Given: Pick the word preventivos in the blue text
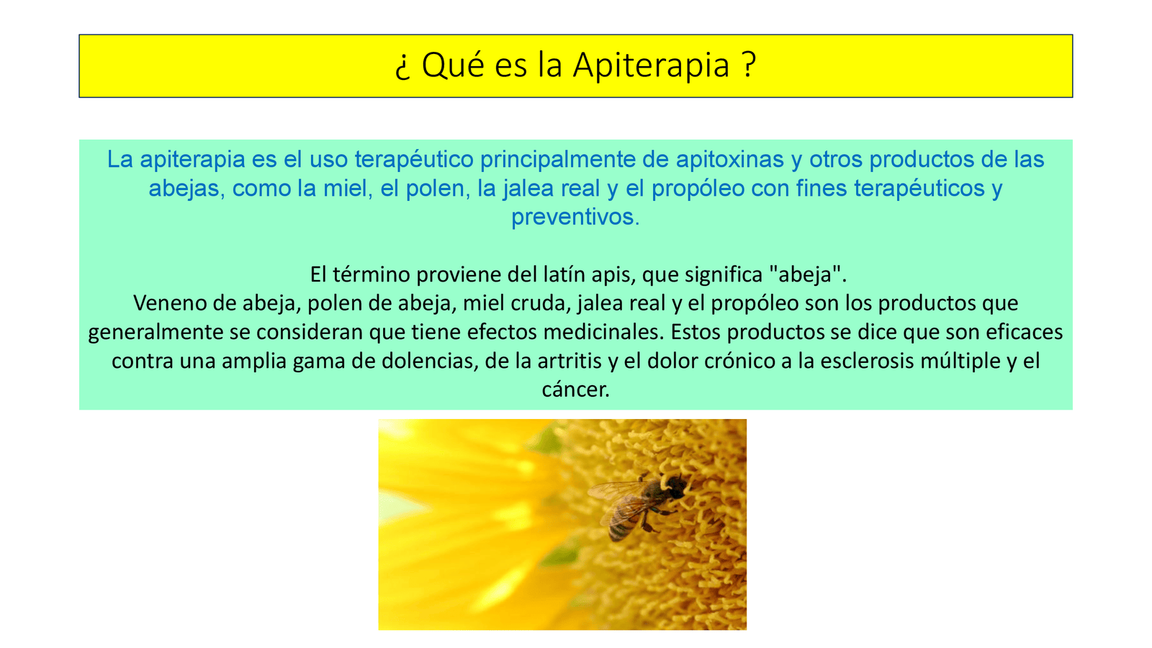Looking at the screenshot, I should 575,217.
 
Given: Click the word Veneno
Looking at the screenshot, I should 170,303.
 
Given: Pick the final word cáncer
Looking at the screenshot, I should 575,390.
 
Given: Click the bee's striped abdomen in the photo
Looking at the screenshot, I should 621,524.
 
